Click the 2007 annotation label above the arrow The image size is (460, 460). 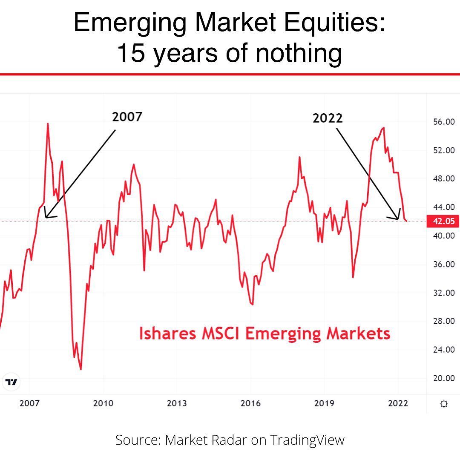[126, 117]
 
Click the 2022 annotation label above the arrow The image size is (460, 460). [327, 118]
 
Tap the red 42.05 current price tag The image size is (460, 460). [443, 221]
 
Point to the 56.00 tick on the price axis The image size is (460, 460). [443, 122]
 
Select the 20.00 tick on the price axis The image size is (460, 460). [443, 378]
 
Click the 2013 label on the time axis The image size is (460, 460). [177, 403]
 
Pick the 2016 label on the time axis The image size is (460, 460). [250, 403]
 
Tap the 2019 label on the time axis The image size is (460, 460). [324, 403]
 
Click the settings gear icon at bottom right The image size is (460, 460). [443, 404]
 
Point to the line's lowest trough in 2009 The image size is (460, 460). [80, 369]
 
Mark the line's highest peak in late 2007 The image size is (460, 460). [47, 124]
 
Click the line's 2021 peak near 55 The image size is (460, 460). [384, 127]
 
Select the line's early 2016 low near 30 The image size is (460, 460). [252, 304]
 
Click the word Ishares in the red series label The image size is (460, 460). [167, 333]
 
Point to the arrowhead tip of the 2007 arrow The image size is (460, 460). [45, 217]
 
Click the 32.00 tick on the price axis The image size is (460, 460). [443, 293]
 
